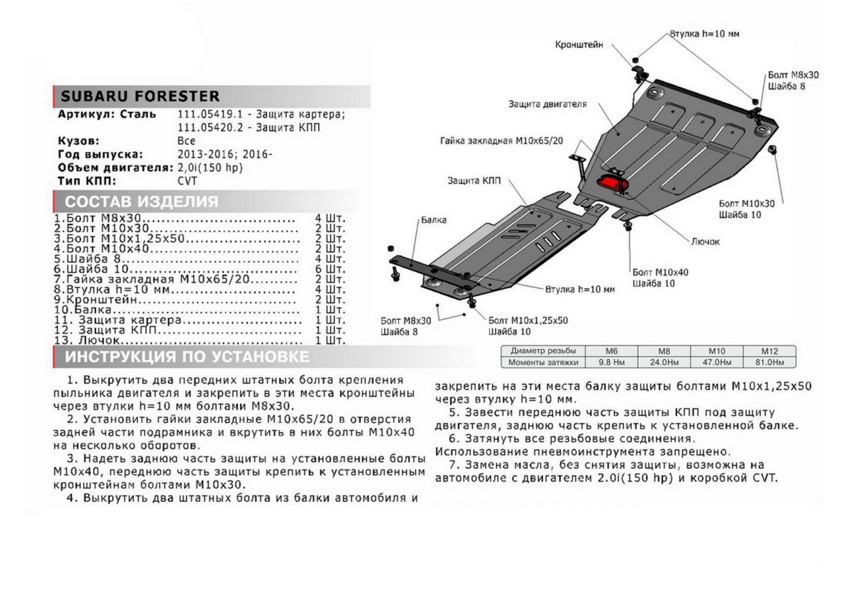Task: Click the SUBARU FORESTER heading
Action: (x=139, y=97)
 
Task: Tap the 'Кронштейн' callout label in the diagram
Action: (x=579, y=45)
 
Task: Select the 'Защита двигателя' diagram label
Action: (x=547, y=104)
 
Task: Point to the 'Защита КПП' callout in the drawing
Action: (x=474, y=181)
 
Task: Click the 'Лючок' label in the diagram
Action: (x=705, y=241)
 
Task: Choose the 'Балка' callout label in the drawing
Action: (x=433, y=221)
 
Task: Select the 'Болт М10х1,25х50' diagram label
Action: (x=528, y=321)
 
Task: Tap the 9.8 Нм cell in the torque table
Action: (x=610, y=363)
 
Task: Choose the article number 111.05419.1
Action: (x=200, y=114)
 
